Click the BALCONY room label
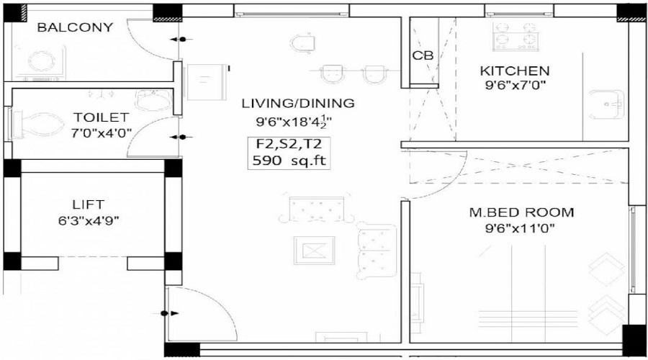click(75, 28)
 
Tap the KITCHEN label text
click(515, 71)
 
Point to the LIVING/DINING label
click(298, 103)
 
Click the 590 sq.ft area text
click(288, 161)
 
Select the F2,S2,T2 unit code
click(288, 144)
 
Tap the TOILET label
click(100, 117)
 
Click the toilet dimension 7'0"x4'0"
click(100, 133)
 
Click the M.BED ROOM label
click(521, 212)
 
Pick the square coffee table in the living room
click(314, 251)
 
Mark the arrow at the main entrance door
click(169, 313)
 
